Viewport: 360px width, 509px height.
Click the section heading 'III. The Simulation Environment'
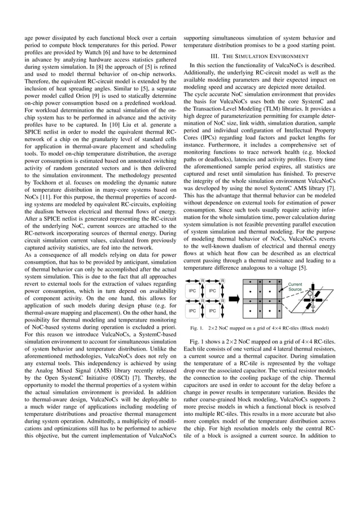259,56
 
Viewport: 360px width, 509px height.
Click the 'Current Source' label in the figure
295,287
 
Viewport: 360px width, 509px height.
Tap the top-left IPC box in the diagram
192,291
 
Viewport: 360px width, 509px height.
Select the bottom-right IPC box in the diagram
212,310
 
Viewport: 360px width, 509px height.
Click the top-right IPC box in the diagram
212,291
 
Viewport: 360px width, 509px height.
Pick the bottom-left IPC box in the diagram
192,310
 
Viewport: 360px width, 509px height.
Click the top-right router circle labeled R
223,280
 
